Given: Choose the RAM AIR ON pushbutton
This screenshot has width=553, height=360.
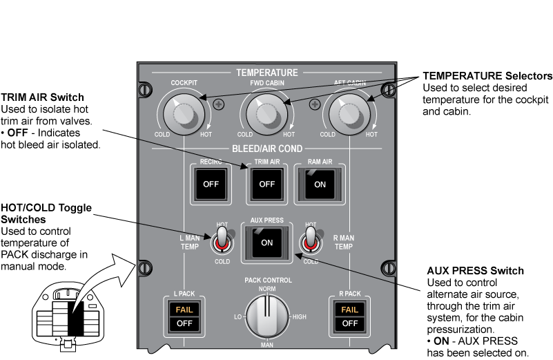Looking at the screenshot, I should coord(320,184).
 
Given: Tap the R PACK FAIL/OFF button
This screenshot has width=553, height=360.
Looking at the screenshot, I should coord(349,316).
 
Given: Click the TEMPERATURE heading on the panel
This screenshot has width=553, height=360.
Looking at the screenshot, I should coord(267,73).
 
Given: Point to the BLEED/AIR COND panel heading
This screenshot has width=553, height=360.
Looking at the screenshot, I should coord(267,148).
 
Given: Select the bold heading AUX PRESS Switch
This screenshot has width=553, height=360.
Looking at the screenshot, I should coord(476,270).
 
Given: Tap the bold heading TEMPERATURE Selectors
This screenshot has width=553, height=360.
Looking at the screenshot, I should coord(487,75).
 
